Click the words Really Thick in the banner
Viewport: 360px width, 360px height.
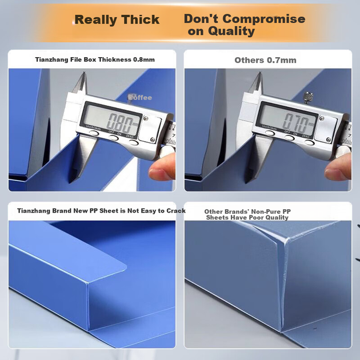(117, 19)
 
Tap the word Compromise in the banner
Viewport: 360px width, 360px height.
(264, 19)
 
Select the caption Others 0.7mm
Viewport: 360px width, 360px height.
(265, 60)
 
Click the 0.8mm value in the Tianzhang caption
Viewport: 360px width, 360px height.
(144, 59)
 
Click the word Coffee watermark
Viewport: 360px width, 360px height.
(140, 98)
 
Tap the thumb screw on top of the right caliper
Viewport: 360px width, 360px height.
(308, 97)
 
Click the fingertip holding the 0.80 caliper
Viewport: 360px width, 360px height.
(161, 167)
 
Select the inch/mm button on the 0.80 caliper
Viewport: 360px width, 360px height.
(94, 133)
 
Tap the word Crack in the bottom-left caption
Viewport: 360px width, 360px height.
(176, 211)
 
